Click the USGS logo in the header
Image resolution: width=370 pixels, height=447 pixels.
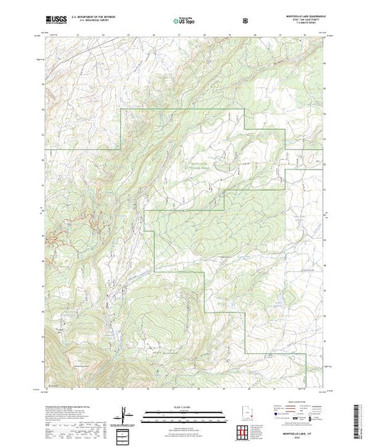pyautogui.click(x=56, y=22)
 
